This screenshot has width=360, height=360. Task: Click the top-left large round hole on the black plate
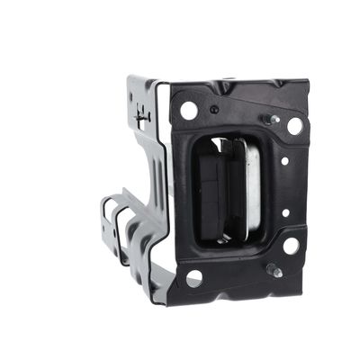pyautogui.click(x=189, y=110)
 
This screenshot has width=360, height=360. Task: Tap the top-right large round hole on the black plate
pyautogui.click(x=294, y=126)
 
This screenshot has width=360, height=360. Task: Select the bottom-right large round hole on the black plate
pyautogui.click(x=291, y=244)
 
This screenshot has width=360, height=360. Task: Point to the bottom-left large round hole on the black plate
pyautogui.click(x=193, y=278)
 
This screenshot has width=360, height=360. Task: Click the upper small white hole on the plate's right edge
pyautogui.click(x=284, y=162)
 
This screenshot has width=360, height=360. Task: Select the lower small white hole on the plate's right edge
pyautogui.click(x=285, y=213)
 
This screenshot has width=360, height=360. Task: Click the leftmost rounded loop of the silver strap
pyautogui.click(x=106, y=216)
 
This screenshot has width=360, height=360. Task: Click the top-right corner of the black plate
pyautogui.click(x=308, y=82)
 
